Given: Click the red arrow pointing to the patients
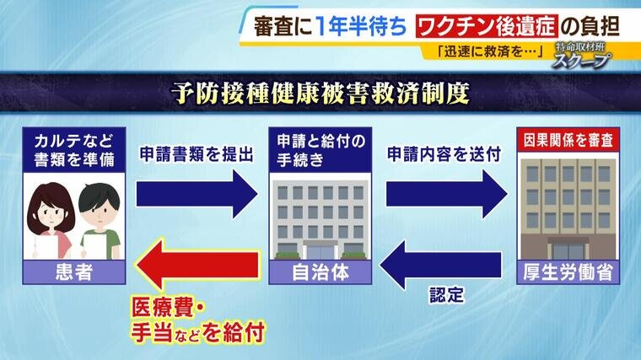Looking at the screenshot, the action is click(x=197, y=266).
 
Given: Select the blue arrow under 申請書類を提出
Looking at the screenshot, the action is click(x=197, y=194).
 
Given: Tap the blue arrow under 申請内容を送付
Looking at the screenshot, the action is click(x=447, y=194).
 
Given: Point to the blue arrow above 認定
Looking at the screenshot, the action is click(x=440, y=266).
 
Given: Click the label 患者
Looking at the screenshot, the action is click(x=74, y=272).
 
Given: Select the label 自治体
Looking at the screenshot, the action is click(x=320, y=272).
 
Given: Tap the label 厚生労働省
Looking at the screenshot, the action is click(x=568, y=272).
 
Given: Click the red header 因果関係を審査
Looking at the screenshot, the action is click(x=568, y=140).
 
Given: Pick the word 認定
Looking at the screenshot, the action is click(x=446, y=295).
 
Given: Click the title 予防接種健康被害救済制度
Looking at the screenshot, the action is click(x=320, y=94).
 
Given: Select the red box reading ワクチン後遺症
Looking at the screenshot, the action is click(x=487, y=26).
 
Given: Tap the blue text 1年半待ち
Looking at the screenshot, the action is click(x=362, y=27).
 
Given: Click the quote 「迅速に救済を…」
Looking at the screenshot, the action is click(x=489, y=51).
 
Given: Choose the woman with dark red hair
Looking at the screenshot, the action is click(x=51, y=220).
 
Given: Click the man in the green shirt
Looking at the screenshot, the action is click(x=100, y=221).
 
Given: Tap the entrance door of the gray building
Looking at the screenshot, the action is click(x=320, y=250).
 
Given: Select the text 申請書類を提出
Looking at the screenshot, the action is click(x=197, y=154).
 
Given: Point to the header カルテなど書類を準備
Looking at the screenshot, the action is click(x=74, y=150).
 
